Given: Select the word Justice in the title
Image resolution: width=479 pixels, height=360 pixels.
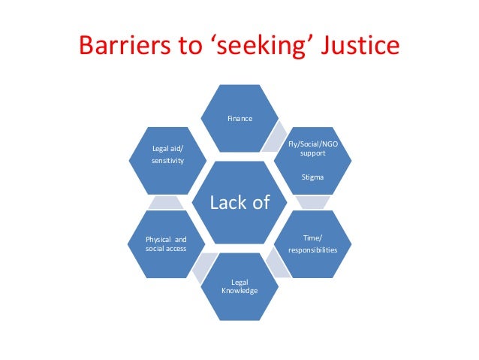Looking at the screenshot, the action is [x=360, y=47].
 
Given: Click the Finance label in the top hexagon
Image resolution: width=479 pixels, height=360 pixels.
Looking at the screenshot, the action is [x=240, y=119].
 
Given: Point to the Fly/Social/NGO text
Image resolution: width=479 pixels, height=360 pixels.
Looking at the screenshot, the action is [x=313, y=144].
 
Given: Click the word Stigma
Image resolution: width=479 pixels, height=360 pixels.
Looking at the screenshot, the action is [x=313, y=177].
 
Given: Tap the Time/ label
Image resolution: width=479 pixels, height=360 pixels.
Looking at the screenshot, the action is [x=313, y=237].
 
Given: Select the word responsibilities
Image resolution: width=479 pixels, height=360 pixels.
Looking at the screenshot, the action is [x=313, y=250].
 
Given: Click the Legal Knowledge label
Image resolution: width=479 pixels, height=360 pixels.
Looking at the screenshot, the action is [x=240, y=286].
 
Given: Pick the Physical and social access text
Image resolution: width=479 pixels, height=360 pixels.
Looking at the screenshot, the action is [x=166, y=244].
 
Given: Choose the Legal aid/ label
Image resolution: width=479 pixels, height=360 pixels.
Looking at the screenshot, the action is [x=167, y=148].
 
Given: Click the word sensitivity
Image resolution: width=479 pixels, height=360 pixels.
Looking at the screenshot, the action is [x=167, y=161].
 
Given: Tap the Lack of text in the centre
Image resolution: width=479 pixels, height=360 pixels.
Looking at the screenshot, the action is [x=239, y=203].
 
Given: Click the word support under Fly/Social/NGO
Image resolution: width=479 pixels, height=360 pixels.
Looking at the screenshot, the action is [x=313, y=153].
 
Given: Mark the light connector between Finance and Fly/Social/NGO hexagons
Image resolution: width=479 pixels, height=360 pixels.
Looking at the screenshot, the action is [x=277, y=136].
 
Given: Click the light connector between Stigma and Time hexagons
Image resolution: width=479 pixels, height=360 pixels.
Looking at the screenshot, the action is [x=313, y=202].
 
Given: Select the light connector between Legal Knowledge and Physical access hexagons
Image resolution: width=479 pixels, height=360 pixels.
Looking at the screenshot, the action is [x=202, y=265].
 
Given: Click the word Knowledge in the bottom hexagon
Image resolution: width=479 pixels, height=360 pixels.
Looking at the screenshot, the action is [x=240, y=290].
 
